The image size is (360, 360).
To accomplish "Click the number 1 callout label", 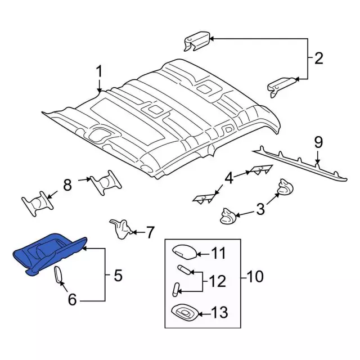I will pyautogui.click(x=99, y=73).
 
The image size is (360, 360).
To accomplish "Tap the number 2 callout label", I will pyautogui.click(x=318, y=58).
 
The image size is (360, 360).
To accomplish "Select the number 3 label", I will pyautogui.click(x=260, y=210).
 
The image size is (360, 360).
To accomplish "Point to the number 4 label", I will pyautogui.click(x=229, y=178).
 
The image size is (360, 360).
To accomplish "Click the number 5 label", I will pyautogui.click(x=118, y=276).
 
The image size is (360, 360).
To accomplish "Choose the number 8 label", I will pyautogui.click(x=67, y=185).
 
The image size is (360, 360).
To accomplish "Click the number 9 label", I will pyautogui.click(x=318, y=143).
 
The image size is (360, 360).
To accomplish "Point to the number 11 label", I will pyautogui.click(x=218, y=253).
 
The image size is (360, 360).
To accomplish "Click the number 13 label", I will pyautogui.click(x=218, y=312).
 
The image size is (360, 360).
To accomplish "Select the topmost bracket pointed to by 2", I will pyautogui.click(x=197, y=42).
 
